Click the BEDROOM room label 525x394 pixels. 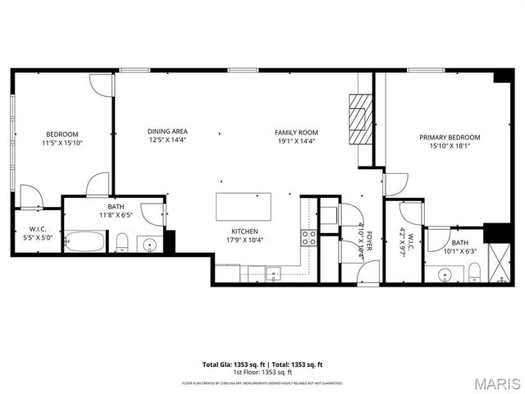pos(62,135)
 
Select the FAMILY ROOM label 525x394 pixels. pos(296,132)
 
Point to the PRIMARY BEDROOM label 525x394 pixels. pos(450,138)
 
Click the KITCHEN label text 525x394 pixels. pos(247,231)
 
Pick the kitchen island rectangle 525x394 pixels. pos(244,206)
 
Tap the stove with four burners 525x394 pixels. pos(310,238)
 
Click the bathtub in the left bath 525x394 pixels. pos(86,243)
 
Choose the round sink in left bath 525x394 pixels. pos(150,245)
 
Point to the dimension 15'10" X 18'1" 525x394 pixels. pos(450,147)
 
